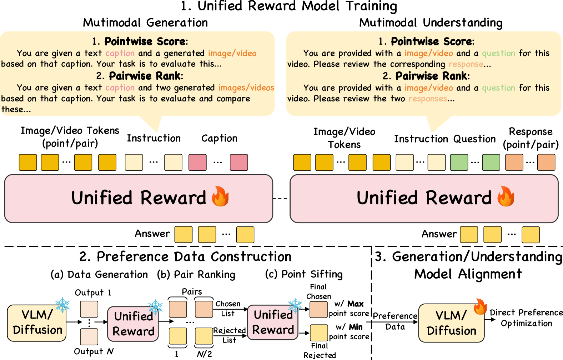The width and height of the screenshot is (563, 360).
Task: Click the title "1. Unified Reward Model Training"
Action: tap(288, 6)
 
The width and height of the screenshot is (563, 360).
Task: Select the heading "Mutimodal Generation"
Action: tap(145, 23)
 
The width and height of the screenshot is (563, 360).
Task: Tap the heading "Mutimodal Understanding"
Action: tap(431, 23)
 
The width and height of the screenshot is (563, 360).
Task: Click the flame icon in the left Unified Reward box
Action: tap(220, 197)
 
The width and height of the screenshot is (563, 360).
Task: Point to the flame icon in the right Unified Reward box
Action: tap(506, 197)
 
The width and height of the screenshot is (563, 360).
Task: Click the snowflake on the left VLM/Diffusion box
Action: tap(62, 305)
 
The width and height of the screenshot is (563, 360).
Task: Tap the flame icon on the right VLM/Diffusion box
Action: tap(480, 306)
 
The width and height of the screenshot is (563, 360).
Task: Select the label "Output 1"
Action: tap(93, 293)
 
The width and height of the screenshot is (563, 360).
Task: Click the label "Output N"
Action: tap(94, 351)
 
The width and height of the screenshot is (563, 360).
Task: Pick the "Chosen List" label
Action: tap(228, 309)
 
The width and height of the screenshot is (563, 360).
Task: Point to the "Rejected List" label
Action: tap(229, 335)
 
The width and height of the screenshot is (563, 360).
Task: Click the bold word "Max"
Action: tap(355, 304)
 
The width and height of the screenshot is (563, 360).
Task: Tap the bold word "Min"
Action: tap(356, 327)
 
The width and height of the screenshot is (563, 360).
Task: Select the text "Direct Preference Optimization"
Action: tap(526, 318)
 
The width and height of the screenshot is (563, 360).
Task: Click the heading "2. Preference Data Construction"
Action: tap(185, 257)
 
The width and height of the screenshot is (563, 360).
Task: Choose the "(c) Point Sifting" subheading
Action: tap(303, 274)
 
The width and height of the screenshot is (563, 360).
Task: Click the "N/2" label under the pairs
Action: tap(204, 354)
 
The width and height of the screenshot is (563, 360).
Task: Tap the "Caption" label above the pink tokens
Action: tap(219, 139)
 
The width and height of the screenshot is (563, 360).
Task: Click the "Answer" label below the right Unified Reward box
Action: tap(439, 234)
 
